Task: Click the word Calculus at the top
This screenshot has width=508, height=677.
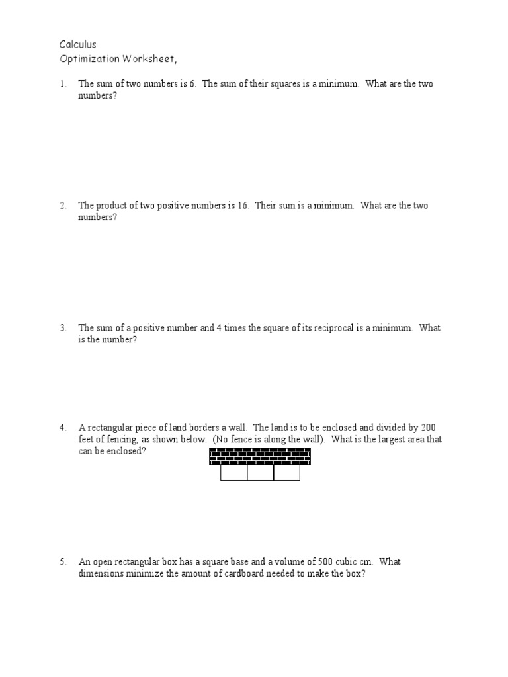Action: pyautogui.click(x=78, y=45)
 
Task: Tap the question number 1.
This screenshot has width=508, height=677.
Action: pyautogui.click(x=63, y=85)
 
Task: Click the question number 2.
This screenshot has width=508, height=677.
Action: pyautogui.click(x=63, y=206)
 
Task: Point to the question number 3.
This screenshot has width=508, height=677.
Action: pyautogui.click(x=63, y=328)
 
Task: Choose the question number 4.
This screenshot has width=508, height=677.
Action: pyautogui.click(x=63, y=428)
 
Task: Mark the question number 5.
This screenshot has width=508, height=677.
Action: pyautogui.click(x=63, y=562)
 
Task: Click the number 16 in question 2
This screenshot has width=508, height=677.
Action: pyautogui.click(x=242, y=206)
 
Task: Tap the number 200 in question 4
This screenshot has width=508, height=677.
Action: pyautogui.click(x=428, y=428)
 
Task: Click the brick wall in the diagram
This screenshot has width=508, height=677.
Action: pyautogui.click(x=260, y=457)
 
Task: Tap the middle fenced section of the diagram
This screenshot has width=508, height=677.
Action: pyautogui.click(x=261, y=473)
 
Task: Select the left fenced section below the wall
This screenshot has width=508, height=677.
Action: pyautogui.click(x=233, y=473)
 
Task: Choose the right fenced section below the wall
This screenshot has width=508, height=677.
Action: pyautogui.click(x=287, y=473)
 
